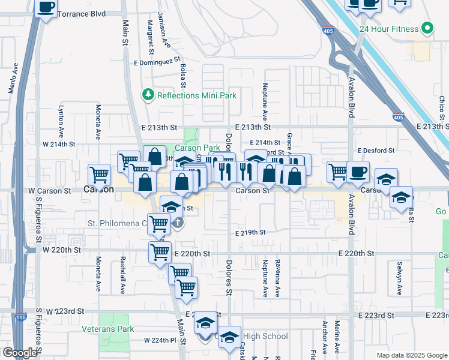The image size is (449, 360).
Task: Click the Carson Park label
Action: pos(197,148)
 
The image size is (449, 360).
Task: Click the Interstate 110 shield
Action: pos(22,317)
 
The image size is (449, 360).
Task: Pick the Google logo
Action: pos(20,353)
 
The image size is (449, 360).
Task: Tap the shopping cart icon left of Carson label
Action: pos(99,175)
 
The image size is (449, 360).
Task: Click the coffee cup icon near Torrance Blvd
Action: pos(46,7)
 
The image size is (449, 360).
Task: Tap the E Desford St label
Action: pos(376,151)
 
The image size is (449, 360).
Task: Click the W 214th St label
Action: pos(59,144)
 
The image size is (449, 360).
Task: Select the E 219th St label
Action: pos(250,232)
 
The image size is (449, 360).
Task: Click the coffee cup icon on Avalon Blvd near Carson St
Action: pos(358,171)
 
